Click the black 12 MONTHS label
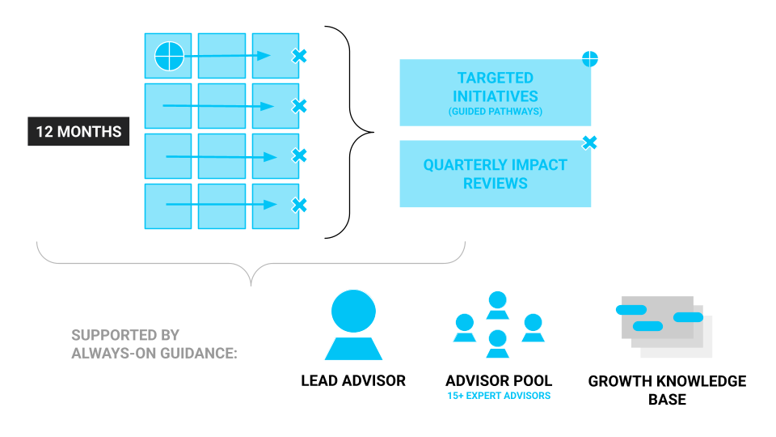pos(78,131)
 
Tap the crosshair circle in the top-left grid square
pos(169,56)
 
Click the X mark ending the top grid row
pos(299,56)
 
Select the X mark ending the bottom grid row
pos(299,206)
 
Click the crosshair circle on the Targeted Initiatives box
pos(590,58)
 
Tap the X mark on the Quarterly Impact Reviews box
pos(590,143)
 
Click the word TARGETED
pos(495,78)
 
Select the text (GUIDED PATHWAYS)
pos(495,111)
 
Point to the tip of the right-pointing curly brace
pos(373,132)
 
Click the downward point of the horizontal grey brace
pos(251,284)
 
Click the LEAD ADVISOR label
pos(353,380)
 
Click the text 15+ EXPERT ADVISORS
pos(499,397)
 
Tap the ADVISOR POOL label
pos(499,380)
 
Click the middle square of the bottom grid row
pos(221,206)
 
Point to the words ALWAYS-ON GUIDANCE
pos(154,353)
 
